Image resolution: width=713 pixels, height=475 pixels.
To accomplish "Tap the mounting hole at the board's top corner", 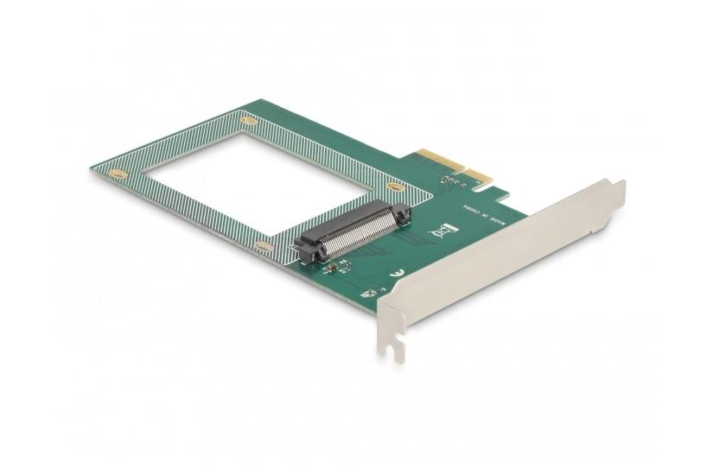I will [x=249, y=121].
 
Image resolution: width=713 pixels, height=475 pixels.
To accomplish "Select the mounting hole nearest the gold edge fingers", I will [x=396, y=187].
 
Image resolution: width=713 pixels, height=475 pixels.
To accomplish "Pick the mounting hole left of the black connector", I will [x=264, y=246].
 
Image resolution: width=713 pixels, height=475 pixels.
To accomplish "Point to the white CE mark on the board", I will [x=396, y=273].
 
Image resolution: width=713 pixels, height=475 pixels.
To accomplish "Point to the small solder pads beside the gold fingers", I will [x=449, y=181].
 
